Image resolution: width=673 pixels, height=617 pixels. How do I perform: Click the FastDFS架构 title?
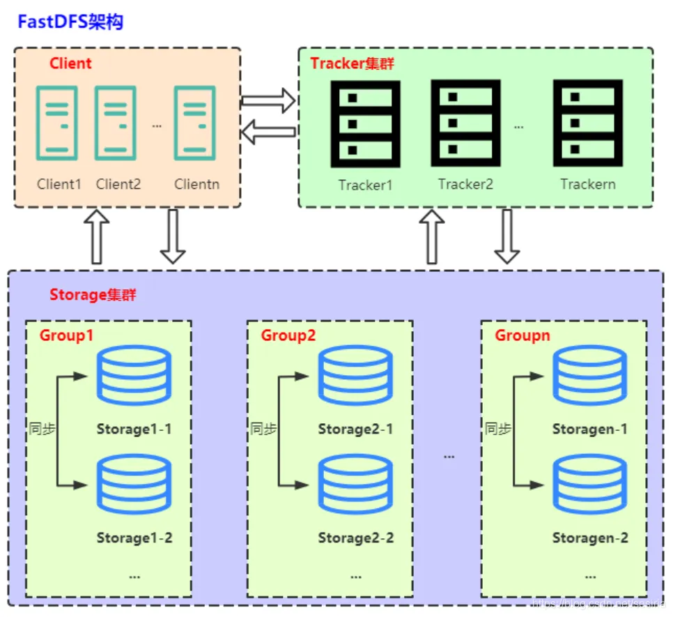point(70,22)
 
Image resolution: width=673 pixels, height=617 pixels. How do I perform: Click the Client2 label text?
point(118,184)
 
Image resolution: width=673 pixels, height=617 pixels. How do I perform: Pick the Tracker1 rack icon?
point(365,123)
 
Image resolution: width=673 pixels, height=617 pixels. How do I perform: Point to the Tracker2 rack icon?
point(465,123)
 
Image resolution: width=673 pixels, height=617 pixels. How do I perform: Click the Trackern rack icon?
point(587,123)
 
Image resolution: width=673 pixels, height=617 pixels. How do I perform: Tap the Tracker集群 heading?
point(353,63)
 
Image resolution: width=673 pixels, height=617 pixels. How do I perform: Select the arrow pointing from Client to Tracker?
point(268,100)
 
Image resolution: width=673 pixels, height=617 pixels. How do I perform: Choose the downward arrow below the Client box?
point(172,236)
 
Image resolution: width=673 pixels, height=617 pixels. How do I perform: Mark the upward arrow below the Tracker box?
point(432,237)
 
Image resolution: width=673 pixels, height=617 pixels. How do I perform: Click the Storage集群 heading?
point(93,294)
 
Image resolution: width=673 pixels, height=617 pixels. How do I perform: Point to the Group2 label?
point(288,335)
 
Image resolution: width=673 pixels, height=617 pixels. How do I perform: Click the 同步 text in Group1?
point(42,429)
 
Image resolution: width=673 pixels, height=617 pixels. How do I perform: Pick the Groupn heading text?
point(523,335)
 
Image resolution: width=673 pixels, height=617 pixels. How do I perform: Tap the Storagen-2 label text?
point(590,538)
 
